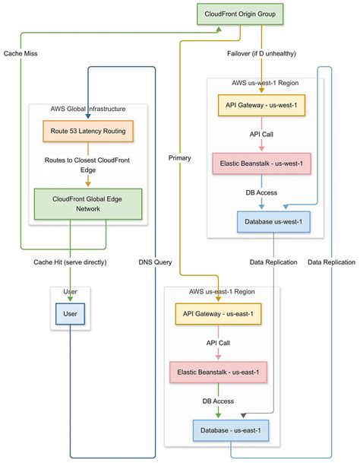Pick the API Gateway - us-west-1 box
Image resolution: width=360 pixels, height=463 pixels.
pyautogui.click(x=262, y=105)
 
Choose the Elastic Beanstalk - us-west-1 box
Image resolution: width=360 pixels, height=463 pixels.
pyautogui.click(x=262, y=163)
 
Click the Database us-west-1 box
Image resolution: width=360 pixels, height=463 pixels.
pyautogui.click(x=270, y=222)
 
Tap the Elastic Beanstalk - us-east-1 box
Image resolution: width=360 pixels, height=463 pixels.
pyautogui.click(x=219, y=373)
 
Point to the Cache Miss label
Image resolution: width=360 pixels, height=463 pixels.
pyautogui.click(x=21, y=54)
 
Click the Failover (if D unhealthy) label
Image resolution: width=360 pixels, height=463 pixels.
pyautogui.click(x=261, y=54)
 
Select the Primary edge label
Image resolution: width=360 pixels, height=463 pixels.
pyautogui.click(x=180, y=157)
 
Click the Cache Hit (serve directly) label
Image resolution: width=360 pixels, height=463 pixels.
pyautogui.click(x=70, y=262)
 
